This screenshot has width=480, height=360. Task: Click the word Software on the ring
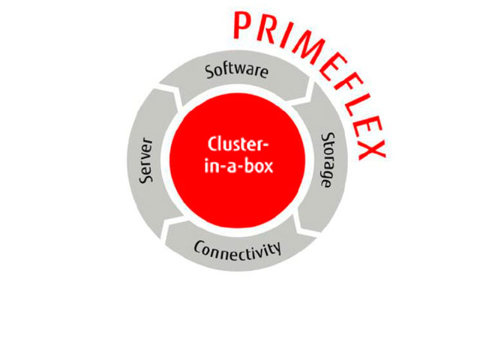point(237,73)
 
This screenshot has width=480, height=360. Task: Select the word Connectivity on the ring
point(238,247)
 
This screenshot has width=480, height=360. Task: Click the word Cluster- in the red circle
point(238,145)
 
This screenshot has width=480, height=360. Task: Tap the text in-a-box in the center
point(238,165)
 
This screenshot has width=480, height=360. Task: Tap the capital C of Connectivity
point(199,246)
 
